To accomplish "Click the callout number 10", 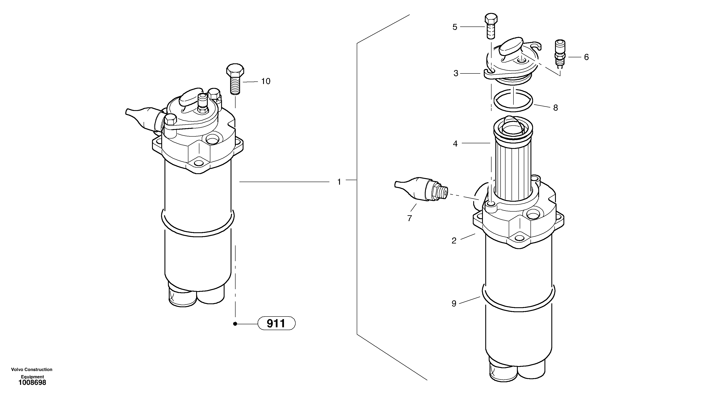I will tap(266, 81).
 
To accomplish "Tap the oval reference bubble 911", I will tap(276, 324).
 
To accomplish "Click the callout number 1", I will tap(339, 182).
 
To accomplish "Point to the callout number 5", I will tap(455, 27).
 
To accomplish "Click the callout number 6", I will tap(586, 57).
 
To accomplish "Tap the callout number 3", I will tap(456, 73).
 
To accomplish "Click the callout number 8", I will tap(555, 108).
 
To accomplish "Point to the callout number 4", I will tap(455, 144).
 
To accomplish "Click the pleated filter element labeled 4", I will tap(512, 170).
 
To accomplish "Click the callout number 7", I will tap(409, 218).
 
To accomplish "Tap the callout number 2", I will tap(454, 241).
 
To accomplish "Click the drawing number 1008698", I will tap(32, 382).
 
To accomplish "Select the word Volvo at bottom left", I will tap(17, 370).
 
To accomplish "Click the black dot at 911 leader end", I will tap(235, 324).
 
